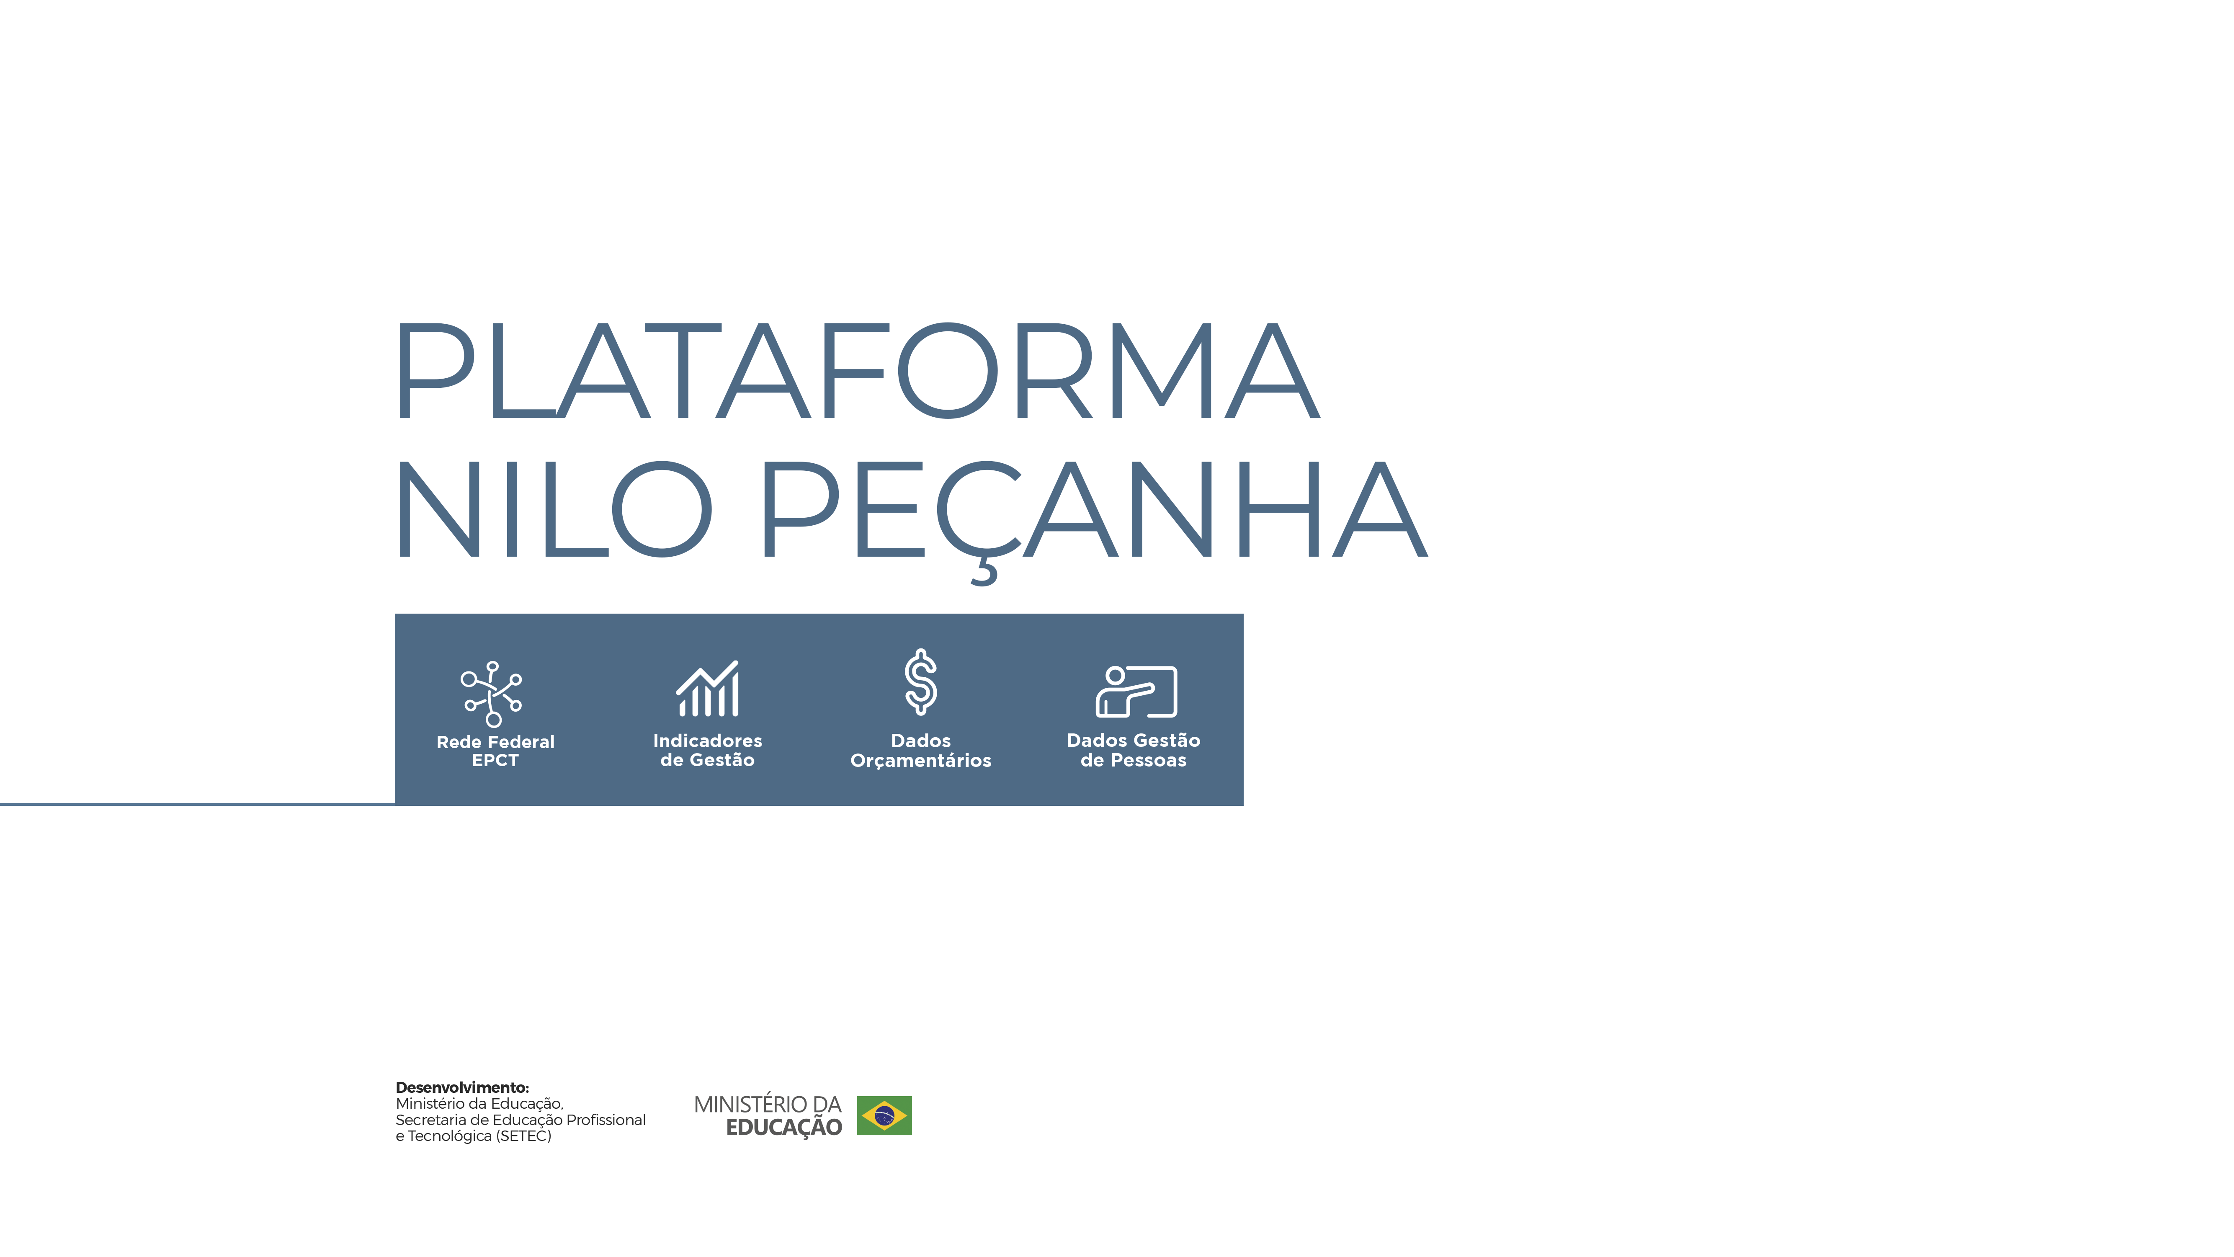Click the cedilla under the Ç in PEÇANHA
pos(985,573)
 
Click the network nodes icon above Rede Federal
pos(492,693)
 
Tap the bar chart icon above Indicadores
pos(708,689)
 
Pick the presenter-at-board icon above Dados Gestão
pos(1136,692)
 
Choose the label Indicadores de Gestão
pos(708,750)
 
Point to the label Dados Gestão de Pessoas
pos(1134,750)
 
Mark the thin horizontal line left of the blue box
pos(198,804)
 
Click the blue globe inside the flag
pos(884,1115)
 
